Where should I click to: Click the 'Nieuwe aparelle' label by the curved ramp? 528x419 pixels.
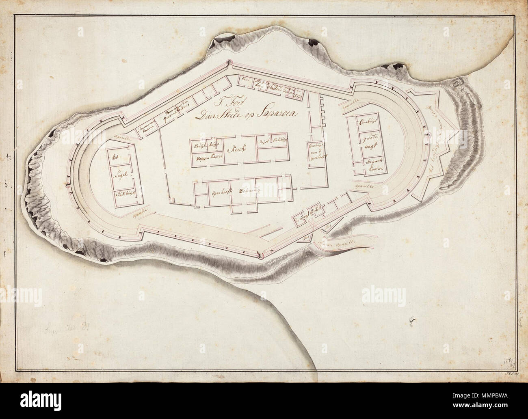tap(340, 242)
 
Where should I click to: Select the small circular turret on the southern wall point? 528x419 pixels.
tap(260, 255)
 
